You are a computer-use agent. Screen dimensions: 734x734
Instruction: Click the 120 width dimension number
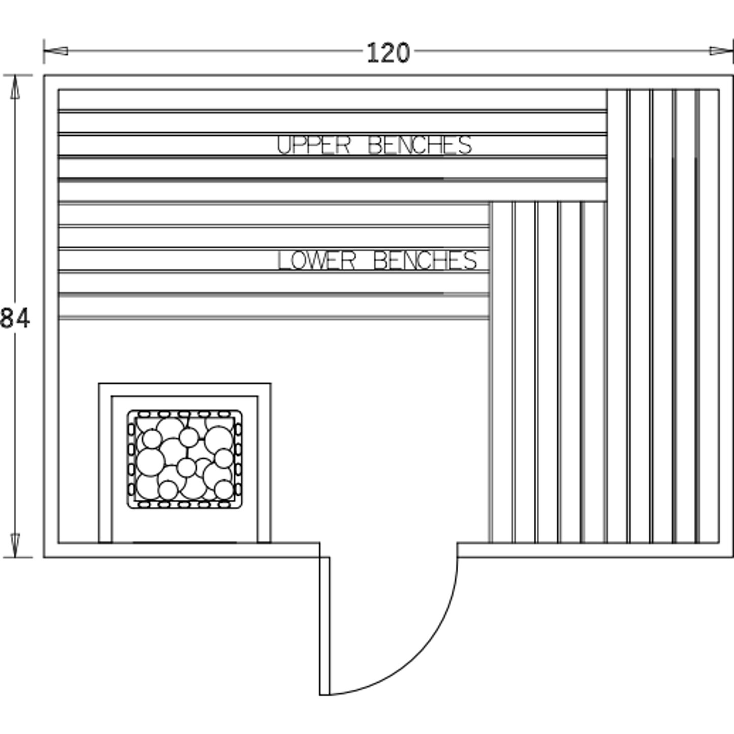388,52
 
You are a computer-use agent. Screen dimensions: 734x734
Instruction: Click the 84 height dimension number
15,318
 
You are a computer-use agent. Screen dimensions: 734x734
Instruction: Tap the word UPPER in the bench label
313,145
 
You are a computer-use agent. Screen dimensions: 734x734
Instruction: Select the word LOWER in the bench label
316,261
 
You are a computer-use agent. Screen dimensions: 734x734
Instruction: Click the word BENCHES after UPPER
420,145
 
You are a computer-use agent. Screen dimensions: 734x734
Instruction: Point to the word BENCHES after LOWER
425,261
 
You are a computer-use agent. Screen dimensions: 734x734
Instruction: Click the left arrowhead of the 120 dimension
56,51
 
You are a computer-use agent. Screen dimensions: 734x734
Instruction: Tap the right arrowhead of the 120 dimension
721,51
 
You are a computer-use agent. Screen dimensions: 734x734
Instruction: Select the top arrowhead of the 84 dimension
15,87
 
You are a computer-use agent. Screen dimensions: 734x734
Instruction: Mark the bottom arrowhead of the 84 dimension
15,545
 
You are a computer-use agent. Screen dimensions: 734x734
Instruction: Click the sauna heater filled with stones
185,459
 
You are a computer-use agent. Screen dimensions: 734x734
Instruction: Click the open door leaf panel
325,626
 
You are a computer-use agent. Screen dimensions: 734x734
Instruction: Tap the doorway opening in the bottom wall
389,550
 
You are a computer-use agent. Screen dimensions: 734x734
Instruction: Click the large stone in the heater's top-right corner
218,439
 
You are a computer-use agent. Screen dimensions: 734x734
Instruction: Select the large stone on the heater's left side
150,462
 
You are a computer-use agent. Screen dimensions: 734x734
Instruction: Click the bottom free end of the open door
325,695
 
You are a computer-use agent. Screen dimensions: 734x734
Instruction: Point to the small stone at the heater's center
186,467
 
